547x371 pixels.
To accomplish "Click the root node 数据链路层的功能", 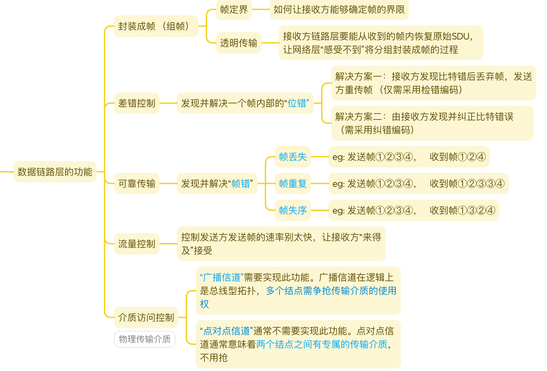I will coord(55,172).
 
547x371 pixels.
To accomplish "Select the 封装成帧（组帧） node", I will coord(156,26).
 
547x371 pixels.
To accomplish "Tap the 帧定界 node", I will coord(234,10).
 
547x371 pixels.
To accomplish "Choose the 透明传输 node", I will coord(238,43).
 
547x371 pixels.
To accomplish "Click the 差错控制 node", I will coord(136,103).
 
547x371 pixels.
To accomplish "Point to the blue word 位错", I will coord(297,103).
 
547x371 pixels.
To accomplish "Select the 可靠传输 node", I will coord(136,183).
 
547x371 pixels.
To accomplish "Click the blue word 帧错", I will coord(241,183).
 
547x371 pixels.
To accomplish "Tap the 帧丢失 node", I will coord(293,157).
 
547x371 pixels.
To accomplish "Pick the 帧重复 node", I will coord(293,183).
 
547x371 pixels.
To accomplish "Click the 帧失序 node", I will coord(293,210).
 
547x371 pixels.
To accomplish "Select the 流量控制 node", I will coord(136,244).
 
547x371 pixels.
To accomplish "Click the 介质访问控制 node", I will coord(146,317).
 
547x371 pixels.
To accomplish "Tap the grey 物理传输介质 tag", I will coord(144,339).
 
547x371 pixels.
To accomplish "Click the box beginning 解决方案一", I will coord(433,83).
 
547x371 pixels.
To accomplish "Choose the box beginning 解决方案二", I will coord(432,123).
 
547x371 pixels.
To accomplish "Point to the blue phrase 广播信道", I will coord(222,278).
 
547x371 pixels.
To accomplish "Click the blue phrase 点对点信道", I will coord(226,331).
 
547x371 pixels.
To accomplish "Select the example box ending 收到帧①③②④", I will coord(414,210).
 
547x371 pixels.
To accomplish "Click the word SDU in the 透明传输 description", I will coord(461,36).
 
